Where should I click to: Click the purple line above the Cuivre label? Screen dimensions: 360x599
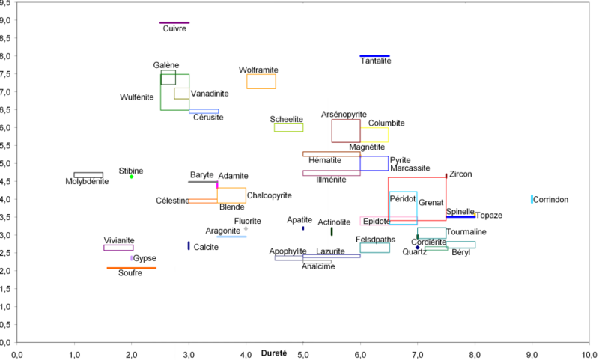(175, 22)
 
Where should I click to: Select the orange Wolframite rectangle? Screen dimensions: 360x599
(261, 82)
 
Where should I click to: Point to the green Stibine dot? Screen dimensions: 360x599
(132, 177)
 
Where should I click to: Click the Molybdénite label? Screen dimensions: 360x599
(87, 182)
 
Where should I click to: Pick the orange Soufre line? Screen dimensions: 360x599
(131, 268)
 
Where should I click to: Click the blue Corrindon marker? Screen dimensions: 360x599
(532, 199)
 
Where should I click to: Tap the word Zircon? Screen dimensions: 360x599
(461, 174)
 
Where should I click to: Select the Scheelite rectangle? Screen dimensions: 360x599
(288, 127)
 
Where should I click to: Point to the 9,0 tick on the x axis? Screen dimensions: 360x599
(532, 353)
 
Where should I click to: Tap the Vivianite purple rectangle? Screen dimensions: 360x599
(118, 248)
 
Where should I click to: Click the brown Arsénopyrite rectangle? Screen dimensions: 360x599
(346, 131)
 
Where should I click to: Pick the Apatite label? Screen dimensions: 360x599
(299, 220)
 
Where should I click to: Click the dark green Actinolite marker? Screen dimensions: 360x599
(332, 231)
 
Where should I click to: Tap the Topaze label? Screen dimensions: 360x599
(488, 216)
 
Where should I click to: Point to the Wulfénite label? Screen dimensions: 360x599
(136, 97)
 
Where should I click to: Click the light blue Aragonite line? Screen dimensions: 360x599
(231, 237)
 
